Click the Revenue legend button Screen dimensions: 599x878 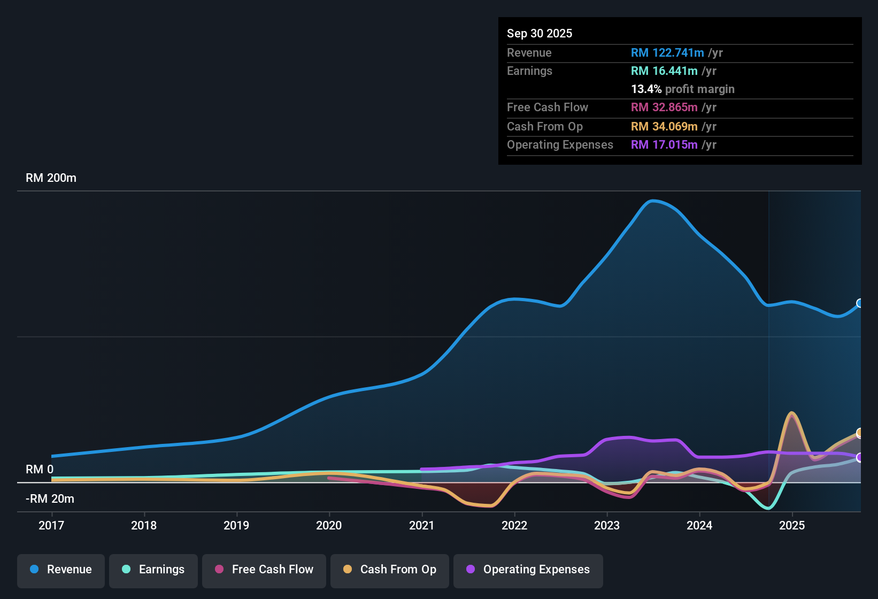(x=61, y=570)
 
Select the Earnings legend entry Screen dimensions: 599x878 (x=153, y=570)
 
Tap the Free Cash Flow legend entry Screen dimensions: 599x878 (x=264, y=570)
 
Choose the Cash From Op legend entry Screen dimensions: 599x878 (x=390, y=570)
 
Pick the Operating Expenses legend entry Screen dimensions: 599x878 (x=528, y=570)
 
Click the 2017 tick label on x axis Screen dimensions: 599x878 (x=51, y=525)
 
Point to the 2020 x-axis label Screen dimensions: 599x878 (x=329, y=525)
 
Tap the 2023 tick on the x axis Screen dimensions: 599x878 (x=607, y=525)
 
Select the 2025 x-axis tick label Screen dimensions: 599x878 (x=792, y=525)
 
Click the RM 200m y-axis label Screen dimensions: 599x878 (x=51, y=178)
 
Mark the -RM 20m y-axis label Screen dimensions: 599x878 (x=50, y=499)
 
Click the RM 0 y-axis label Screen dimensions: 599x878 (x=40, y=470)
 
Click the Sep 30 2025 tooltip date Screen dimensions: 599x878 (x=540, y=33)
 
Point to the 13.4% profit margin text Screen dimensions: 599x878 (x=683, y=89)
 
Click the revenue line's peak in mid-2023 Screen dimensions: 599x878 (x=653, y=201)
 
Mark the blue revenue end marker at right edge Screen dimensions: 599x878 (x=859, y=303)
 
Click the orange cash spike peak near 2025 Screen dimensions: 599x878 (x=791, y=413)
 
